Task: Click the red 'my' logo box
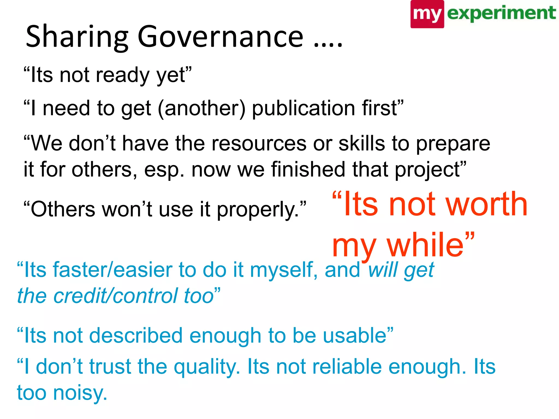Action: tap(427, 14)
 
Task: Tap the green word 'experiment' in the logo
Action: tap(501, 13)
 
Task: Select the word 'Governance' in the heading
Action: tap(220, 37)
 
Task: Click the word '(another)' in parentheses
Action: tap(202, 108)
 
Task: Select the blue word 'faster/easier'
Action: tap(112, 270)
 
